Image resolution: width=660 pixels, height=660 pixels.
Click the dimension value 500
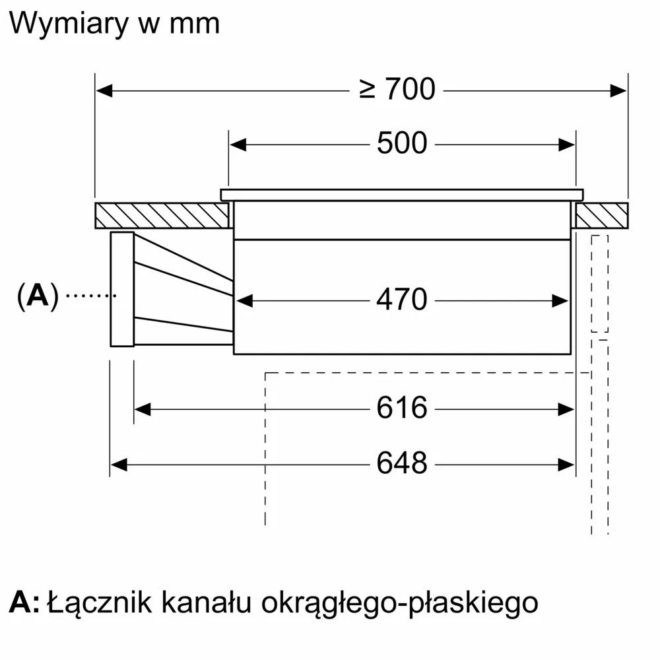pyautogui.click(x=402, y=144)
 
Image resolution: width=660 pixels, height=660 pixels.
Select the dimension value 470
pyautogui.click(x=402, y=300)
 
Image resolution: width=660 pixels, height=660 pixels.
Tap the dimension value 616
pyautogui.click(x=402, y=409)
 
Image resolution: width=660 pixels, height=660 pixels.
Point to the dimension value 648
pyautogui.click(x=402, y=464)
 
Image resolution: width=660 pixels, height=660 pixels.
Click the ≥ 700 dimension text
pyautogui.click(x=397, y=90)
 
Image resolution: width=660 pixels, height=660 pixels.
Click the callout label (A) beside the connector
pyautogui.click(x=38, y=297)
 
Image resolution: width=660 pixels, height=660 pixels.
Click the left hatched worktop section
pyautogui.click(x=162, y=216)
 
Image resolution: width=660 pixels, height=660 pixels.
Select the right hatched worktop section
pyautogui.click(x=601, y=216)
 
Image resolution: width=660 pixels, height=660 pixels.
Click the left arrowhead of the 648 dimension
pyautogui.click(x=118, y=465)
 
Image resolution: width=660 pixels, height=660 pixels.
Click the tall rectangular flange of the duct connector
pyautogui.click(x=122, y=289)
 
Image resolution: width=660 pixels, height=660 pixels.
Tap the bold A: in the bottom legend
pyautogui.click(x=24, y=603)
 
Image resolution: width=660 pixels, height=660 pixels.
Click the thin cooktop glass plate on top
pyautogui.click(x=401, y=195)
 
